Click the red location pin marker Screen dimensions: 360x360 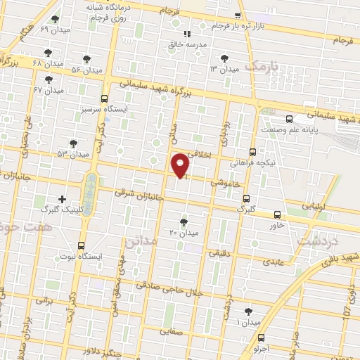[x=181, y=165]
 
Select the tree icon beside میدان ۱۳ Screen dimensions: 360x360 [x=224, y=59]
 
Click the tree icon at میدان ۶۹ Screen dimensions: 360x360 [x=56, y=20]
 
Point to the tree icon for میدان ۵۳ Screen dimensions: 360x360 [x=73, y=143]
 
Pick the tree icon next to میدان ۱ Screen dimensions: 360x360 [x=248, y=311]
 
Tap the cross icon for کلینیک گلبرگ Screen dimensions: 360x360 [x=63, y=200]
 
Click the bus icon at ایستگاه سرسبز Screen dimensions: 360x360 [x=105, y=99]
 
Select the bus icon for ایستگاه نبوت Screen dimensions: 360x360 [x=82, y=246]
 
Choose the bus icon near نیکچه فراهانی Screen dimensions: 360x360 [x=252, y=152]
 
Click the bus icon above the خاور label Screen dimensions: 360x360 [x=277, y=214]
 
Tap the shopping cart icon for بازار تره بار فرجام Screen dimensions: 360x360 [x=238, y=15]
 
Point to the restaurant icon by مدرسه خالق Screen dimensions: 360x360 [x=187, y=34]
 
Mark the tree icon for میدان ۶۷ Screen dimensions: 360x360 [x=49, y=80]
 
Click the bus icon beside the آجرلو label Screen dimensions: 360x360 [x=261, y=338]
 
